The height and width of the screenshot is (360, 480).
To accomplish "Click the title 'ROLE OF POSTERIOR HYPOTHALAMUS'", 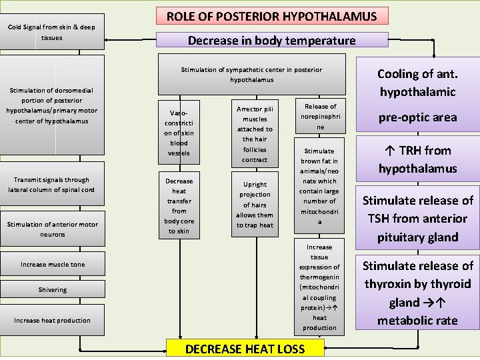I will coord(271,16).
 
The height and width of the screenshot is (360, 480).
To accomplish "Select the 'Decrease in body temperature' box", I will coord(271,40).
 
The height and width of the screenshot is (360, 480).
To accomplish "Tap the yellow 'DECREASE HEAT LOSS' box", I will coord(245,349).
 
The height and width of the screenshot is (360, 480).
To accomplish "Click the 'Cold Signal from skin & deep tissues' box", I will coord(52,32).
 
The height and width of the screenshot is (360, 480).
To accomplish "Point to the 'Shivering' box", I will coord(52,289).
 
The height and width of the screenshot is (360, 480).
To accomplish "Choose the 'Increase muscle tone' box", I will coord(52,265).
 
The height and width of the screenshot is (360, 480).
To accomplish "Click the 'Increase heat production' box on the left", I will coord(52,320).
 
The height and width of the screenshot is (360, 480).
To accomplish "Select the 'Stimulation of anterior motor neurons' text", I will coord(52,229).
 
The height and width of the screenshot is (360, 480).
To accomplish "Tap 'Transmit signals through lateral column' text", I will coord(52,185).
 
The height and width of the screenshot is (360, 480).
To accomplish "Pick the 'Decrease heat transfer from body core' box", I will coord(179,205).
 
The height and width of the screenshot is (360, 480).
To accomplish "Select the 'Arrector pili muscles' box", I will coord(255,133).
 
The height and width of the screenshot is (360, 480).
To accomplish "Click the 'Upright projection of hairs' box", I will coord(255,205).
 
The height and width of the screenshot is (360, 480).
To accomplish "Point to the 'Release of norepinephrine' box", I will coord(320,117).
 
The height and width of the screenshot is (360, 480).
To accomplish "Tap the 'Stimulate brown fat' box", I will coord(320,186).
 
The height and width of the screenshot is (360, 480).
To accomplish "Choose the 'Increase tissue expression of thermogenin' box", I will coord(320,287).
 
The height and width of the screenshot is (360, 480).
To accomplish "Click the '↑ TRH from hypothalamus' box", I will coord(417,159).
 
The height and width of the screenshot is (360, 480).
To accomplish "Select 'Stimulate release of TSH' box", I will coord(417,218).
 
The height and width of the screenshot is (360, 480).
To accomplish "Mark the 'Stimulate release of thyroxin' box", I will coord(417,293).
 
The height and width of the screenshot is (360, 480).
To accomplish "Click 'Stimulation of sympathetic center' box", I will coord(251,74).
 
